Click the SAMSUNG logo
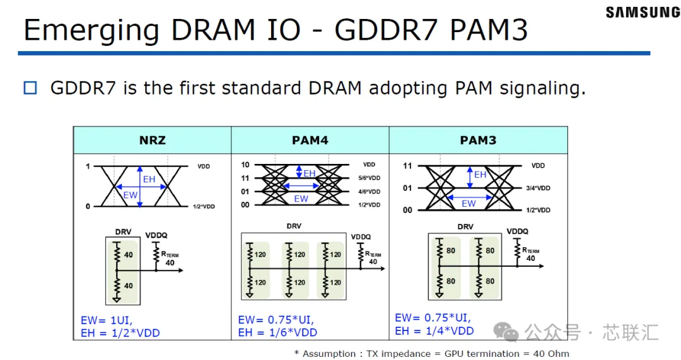tap(643, 12)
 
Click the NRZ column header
tap(153, 140)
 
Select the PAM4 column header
tap(310, 140)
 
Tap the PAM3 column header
tap(478, 140)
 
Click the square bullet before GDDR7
tap(30, 88)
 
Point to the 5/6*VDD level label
tap(369, 178)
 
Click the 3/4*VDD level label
tap(538, 188)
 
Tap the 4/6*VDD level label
tap(369, 192)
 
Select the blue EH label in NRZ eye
tap(149, 179)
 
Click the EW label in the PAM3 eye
tap(469, 203)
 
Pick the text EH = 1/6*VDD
tap(277, 333)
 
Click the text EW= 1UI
tap(107, 320)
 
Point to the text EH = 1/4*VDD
tap(434, 331)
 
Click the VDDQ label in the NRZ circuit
tap(156, 235)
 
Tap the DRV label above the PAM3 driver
tap(465, 227)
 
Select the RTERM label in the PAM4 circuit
tap(373, 254)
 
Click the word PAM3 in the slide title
tap(489, 30)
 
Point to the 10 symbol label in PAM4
tap(245, 165)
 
